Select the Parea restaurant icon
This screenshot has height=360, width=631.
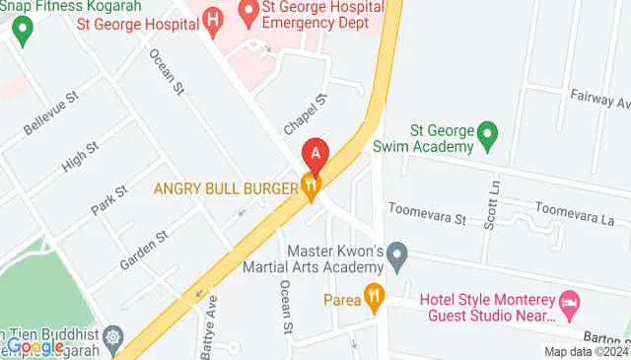pyautogui.click(x=374, y=295)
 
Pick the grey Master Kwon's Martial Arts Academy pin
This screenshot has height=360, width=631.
pyautogui.click(x=397, y=258)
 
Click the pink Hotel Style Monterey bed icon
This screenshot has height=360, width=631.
pyautogui.click(x=569, y=299)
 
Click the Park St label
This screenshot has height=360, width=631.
pyautogui.click(x=109, y=197)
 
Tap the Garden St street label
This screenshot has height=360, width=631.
pyautogui.click(x=145, y=250)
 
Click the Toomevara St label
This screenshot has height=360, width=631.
pyautogui.click(x=426, y=211)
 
